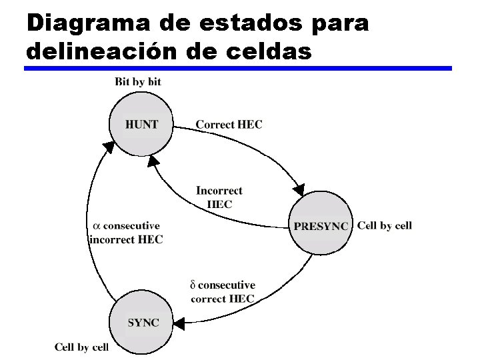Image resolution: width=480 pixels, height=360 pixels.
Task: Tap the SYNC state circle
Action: pos(143,323)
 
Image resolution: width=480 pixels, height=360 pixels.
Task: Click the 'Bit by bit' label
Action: pos(138,82)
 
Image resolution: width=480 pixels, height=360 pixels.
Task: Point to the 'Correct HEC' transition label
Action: pos(229,125)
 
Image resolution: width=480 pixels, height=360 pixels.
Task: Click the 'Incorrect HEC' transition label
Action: pos(219,197)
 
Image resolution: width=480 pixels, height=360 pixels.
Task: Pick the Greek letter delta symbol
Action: pos(193,285)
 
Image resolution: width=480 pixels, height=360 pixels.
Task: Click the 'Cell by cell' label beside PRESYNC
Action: pos(385,225)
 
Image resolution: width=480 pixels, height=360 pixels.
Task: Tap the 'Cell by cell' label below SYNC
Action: pos(81,347)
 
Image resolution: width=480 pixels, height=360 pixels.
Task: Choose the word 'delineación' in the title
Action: pos(109,51)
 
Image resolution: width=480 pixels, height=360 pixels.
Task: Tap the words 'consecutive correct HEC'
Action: pos(223,292)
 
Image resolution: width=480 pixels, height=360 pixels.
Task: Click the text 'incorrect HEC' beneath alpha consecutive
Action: pos(126,239)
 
